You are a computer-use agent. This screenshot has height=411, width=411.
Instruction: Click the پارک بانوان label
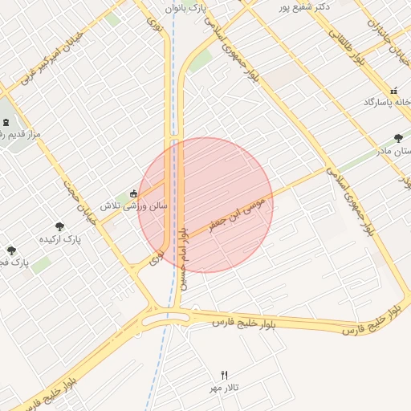[x=186, y=7]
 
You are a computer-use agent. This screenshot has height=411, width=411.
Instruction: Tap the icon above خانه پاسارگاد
[x=393, y=90]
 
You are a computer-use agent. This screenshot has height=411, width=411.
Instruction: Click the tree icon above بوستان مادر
[x=399, y=138]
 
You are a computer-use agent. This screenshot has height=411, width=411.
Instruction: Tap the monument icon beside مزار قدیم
[x=7, y=122]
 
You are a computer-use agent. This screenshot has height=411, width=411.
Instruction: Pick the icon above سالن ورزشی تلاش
[x=133, y=193]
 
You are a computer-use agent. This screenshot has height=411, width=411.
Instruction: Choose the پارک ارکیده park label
[x=61, y=239]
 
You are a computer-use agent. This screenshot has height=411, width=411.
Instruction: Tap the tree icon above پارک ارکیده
[x=59, y=226]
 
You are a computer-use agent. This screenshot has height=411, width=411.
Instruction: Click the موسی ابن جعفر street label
[x=236, y=205]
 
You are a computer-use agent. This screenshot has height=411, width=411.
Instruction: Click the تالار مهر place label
[x=226, y=388]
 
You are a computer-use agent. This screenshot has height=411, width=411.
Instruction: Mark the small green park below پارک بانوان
[x=200, y=59]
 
